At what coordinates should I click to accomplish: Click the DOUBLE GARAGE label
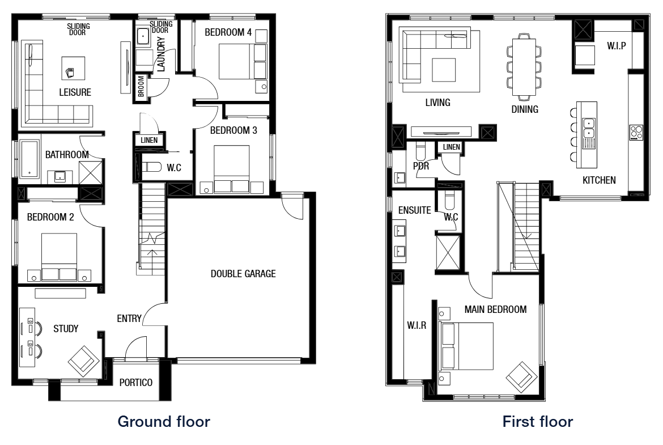243,274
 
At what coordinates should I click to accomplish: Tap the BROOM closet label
141,87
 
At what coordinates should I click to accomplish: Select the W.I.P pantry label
616,45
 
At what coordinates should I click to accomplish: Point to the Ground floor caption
163,422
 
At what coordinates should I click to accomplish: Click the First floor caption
538,422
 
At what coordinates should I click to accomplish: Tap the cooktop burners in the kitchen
636,132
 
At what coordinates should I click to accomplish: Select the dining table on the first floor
524,63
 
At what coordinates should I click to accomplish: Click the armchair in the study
84,359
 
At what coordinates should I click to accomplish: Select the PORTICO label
136,383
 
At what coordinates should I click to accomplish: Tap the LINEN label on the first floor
452,147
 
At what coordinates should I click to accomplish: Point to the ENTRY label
129,319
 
